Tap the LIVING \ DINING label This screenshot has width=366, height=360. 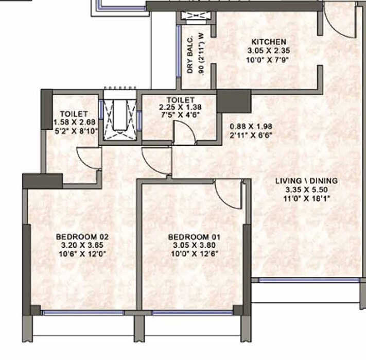[306, 181]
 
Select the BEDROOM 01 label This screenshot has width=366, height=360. [194, 237]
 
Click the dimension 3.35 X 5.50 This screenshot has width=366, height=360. [306, 190]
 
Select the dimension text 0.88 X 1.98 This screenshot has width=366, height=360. [251, 125]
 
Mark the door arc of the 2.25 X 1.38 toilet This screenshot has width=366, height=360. [184, 133]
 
